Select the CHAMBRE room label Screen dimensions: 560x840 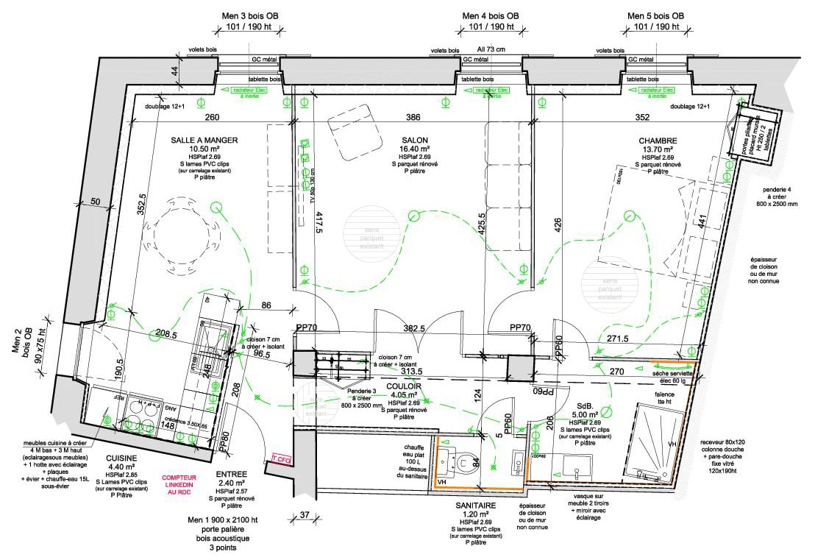click(658, 141)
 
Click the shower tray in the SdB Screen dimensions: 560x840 click(652, 445)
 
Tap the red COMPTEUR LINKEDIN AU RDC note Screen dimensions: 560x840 click(179, 483)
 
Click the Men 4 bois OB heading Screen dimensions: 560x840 click(491, 15)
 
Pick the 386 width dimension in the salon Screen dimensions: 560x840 click(413, 118)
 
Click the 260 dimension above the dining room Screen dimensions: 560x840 click(212, 118)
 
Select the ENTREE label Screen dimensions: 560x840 click(230, 474)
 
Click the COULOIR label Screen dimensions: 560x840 click(403, 386)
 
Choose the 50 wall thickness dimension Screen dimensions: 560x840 click(96, 202)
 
